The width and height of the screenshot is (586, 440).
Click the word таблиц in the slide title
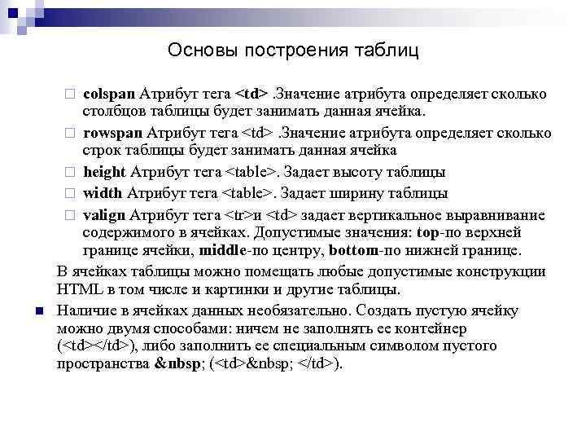(x=386, y=51)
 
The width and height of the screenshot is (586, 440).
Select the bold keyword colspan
(x=109, y=94)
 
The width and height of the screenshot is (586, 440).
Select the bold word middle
(x=243, y=251)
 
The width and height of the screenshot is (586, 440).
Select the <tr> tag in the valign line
(x=237, y=213)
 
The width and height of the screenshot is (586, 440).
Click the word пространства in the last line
(x=101, y=366)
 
